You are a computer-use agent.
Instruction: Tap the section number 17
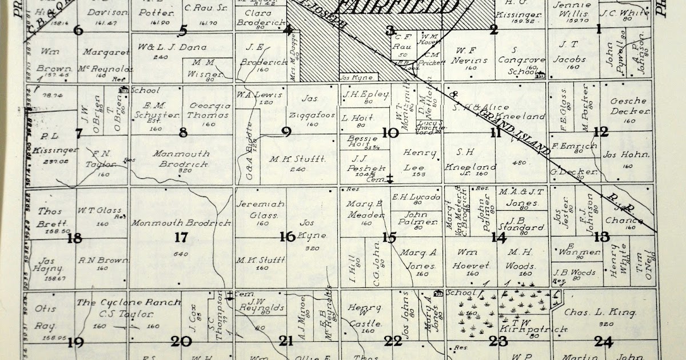click(x=181, y=237)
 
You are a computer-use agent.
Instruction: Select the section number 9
click(x=286, y=133)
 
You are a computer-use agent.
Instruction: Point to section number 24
click(x=603, y=342)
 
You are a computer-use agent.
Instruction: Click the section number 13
click(x=601, y=237)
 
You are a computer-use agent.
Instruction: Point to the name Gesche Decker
click(x=628, y=106)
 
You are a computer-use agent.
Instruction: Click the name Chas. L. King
click(x=600, y=313)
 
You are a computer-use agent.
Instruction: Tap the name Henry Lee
click(x=420, y=159)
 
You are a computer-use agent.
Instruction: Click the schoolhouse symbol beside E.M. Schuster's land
click(x=123, y=90)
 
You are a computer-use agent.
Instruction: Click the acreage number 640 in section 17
click(x=181, y=254)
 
